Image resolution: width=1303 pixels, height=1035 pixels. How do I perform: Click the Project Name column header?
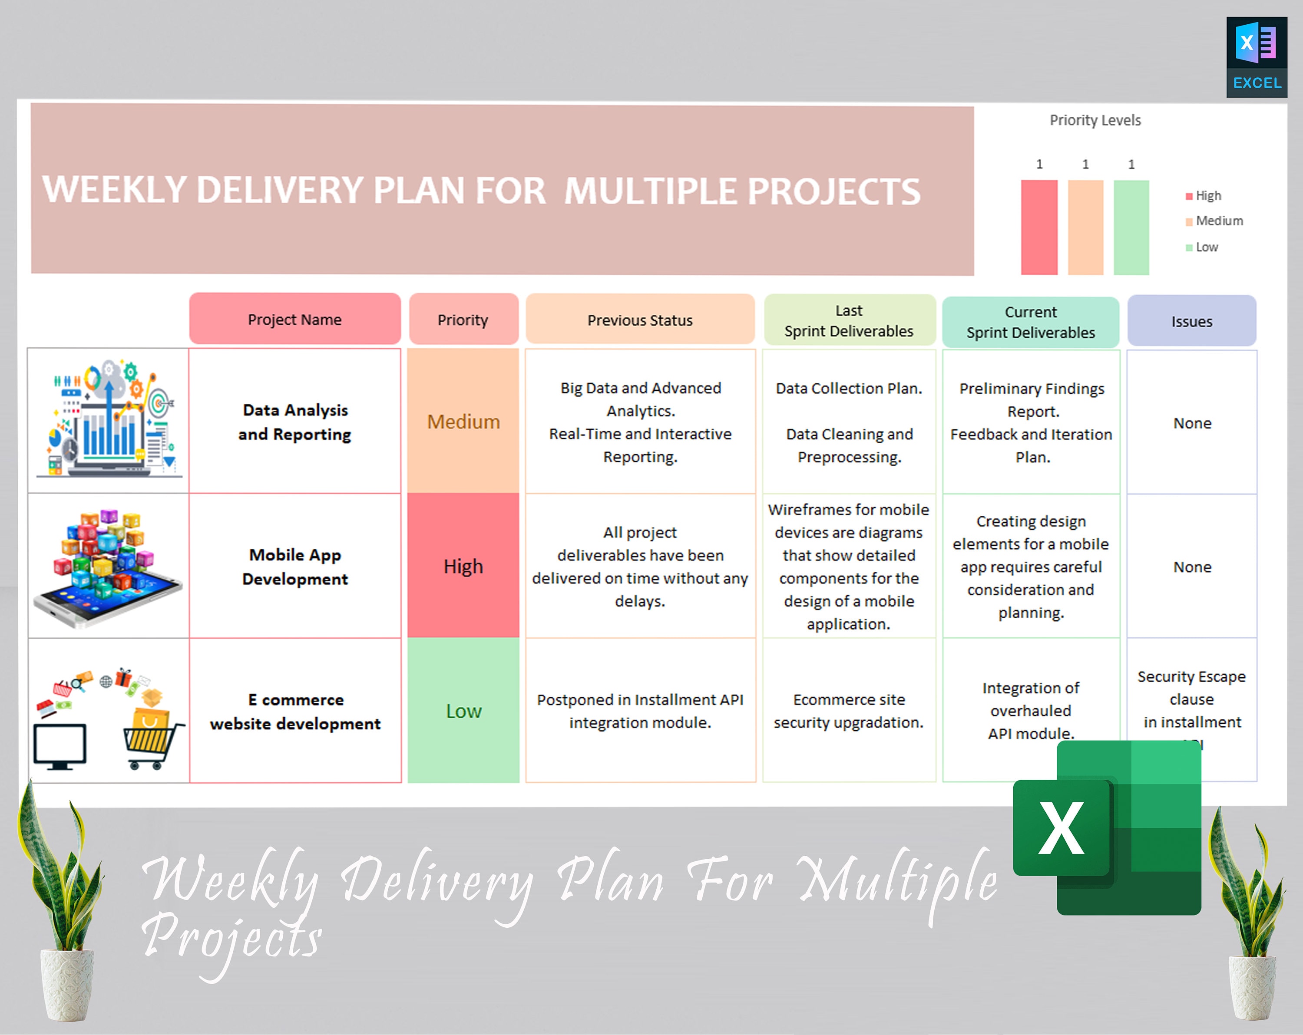pos(294,320)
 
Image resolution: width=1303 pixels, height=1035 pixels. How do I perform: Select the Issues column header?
pos(1191,321)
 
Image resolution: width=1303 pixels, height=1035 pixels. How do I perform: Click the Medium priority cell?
pos(463,421)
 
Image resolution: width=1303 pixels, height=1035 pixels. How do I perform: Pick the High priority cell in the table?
pos(463,566)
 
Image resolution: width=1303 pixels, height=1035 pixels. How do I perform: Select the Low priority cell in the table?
pos(463,711)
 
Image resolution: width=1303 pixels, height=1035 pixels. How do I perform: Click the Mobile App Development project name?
pos(295,566)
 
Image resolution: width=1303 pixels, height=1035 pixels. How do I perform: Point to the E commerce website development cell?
pos(295,711)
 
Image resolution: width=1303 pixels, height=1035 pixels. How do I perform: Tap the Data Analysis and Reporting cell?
pos(295,422)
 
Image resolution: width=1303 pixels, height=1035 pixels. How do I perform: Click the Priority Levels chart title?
pos(1095,120)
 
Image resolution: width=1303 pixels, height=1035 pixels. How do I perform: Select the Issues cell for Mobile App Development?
pos(1192,567)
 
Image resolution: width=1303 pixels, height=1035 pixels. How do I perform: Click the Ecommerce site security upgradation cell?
pos(849,711)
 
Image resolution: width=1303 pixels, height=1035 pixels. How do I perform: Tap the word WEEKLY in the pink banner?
pos(114,190)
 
